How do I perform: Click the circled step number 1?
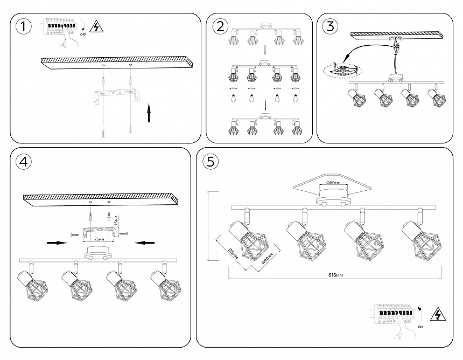pyautogui.click(x=23, y=26)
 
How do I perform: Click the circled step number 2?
pyautogui.click(x=220, y=26)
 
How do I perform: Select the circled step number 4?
pyautogui.click(x=23, y=161)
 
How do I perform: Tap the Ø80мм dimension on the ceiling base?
pyautogui.click(x=334, y=183)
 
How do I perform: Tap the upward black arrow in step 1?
pyautogui.click(x=149, y=114)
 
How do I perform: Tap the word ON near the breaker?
pyautogui.click(x=419, y=327)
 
